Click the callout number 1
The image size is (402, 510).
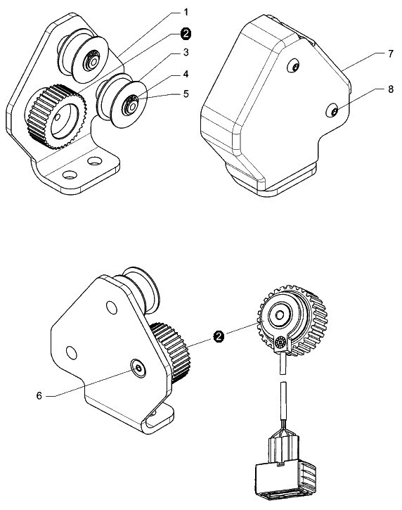(186, 13)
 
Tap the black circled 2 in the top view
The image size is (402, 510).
(186, 34)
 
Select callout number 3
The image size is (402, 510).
(186, 52)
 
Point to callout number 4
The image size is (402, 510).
(186, 74)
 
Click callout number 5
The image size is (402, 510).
(186, 94)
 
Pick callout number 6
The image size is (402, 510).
(39, 396)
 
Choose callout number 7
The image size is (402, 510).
(391, 53)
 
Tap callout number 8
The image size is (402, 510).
(391, 89)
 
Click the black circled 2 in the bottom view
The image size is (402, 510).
(219, 337)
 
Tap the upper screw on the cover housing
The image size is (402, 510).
(294, 66)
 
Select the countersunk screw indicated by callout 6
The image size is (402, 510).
(138, 368)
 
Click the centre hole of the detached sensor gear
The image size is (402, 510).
(280, 314)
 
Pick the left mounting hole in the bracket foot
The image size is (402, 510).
(70, 175)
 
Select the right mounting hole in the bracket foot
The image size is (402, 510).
(95, 160)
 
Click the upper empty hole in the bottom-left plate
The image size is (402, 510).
(112, 307)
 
